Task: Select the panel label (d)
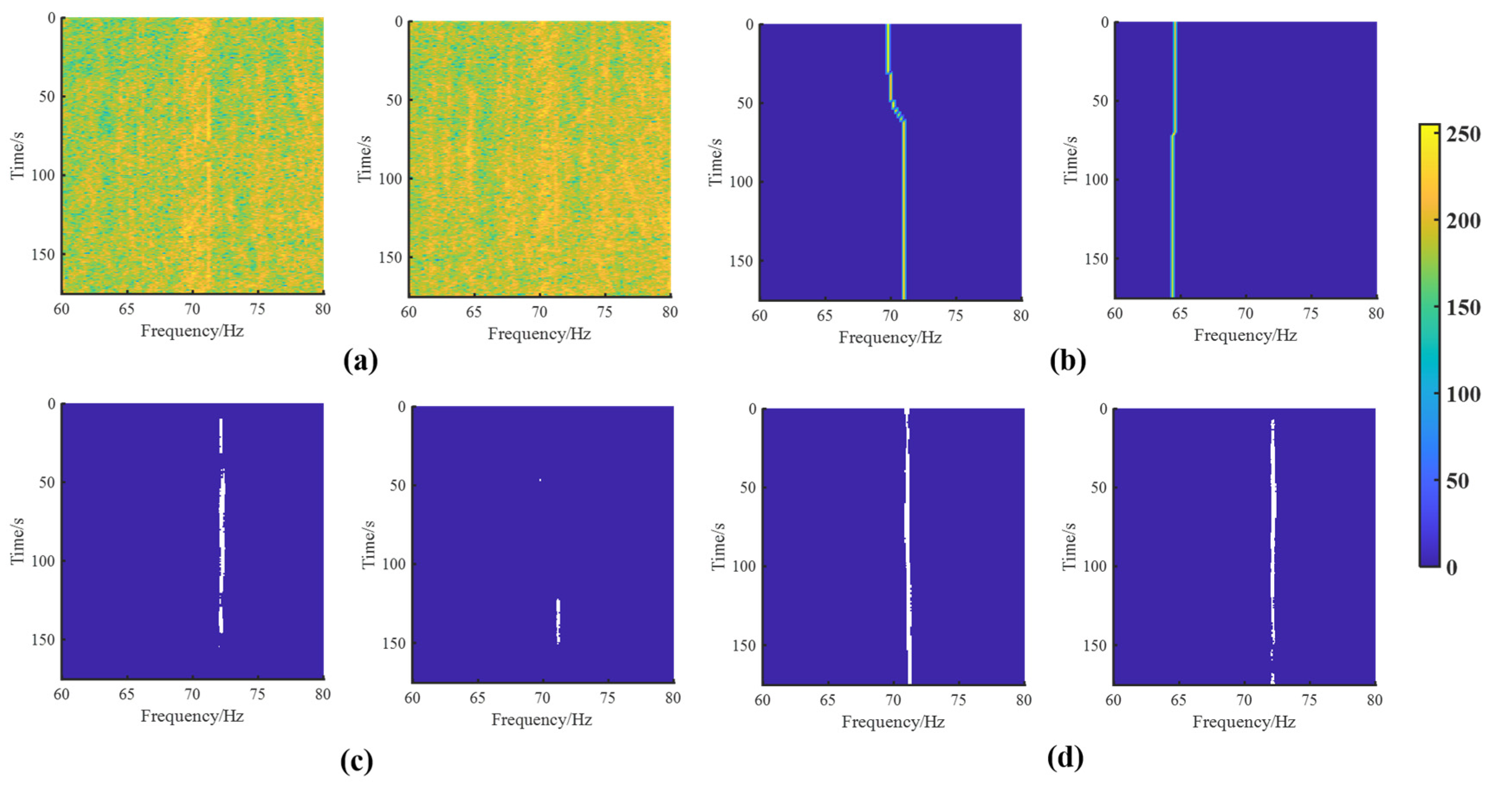1065,758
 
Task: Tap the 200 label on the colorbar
1463,221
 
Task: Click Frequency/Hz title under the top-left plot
192,331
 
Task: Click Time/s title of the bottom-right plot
1069,546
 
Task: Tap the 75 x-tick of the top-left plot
257,309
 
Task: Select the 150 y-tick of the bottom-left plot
44,639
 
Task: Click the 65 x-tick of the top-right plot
1180,313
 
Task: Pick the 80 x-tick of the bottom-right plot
1375,700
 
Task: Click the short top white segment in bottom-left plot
220,435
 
